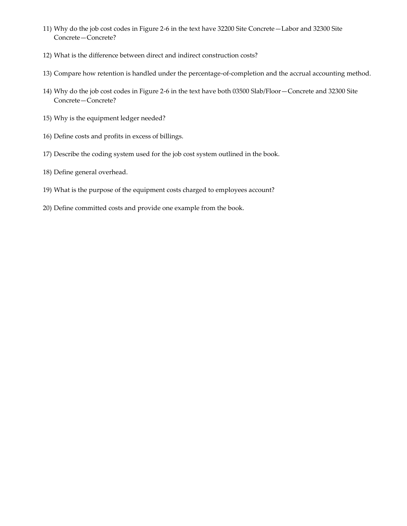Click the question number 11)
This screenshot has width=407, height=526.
point(47,29)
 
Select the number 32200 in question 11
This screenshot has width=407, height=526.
point(226,29)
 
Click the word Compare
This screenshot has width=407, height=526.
point(67,73)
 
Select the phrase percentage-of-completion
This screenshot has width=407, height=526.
point(226,73)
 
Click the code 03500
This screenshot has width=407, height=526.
point(241,91)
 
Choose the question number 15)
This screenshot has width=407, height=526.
point(47,118)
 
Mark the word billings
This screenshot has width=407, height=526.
point(171,136)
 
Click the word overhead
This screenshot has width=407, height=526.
point(113,172)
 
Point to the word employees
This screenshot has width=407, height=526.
point(231,190)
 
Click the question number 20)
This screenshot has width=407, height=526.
point(47,208)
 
